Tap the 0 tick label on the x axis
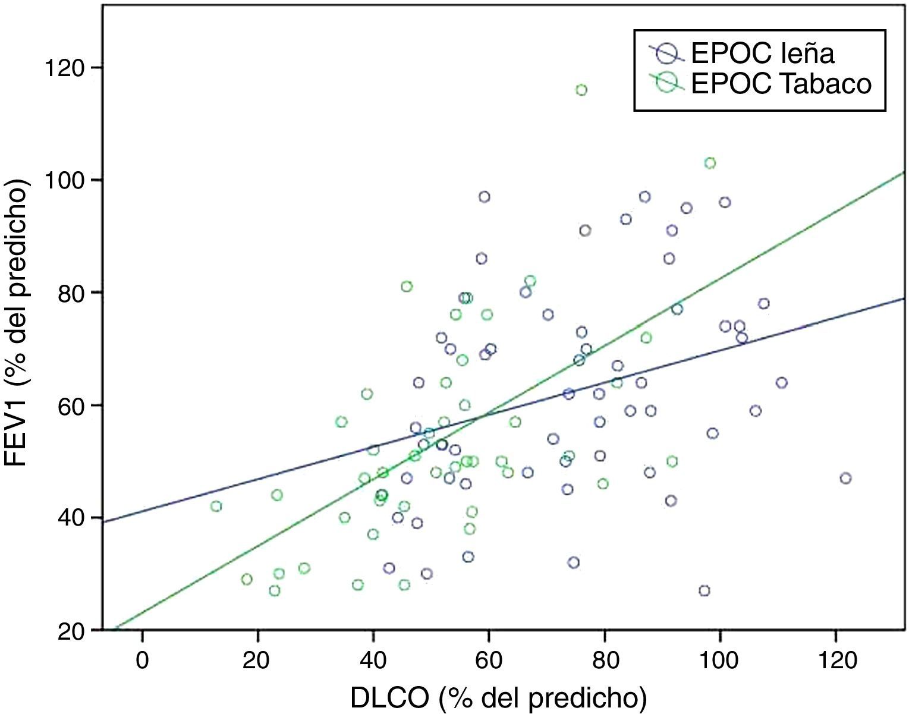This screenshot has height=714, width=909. tap(142, 659)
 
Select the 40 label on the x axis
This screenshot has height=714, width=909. tap(373, 659)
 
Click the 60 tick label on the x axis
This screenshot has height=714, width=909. tap(489, 659)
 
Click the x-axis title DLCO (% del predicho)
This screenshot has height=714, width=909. tap(498, 698)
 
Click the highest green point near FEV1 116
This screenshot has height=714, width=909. tap(581, 90)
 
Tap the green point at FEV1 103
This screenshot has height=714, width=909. tap(710, 163)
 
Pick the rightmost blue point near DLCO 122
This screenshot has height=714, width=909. tap(845, 478)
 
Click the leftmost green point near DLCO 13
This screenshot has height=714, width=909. tap(216, 506)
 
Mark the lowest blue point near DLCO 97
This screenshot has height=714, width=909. tap(704, 590)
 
